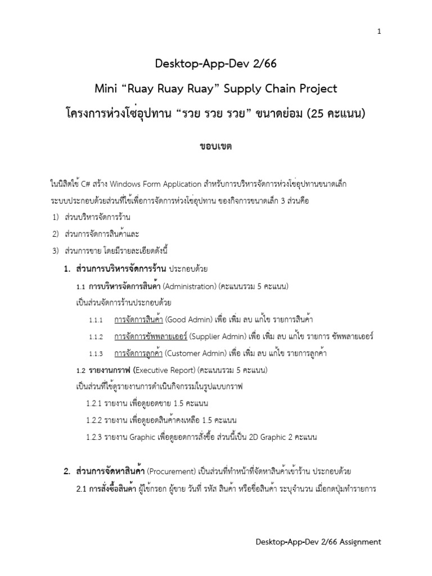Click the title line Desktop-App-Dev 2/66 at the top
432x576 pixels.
pos(216,65)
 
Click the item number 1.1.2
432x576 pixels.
pos(96,337)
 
